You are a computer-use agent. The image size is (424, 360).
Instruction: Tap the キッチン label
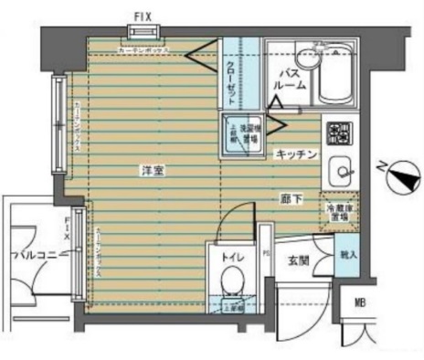(x=296, y=155)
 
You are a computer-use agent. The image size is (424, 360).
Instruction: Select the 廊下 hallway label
(x=291, y=196)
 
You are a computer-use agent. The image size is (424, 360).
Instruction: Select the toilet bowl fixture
(x=231, y=279)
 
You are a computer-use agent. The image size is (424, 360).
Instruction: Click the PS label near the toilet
(x=266, y=252)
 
